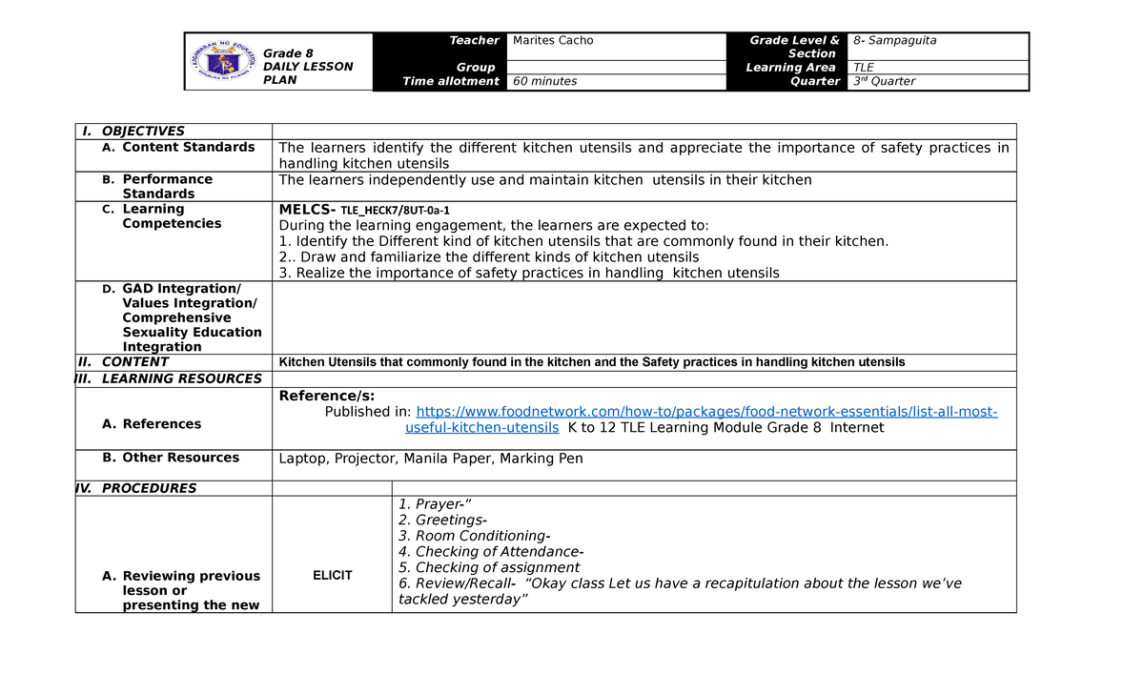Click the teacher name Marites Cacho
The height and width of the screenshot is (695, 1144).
553,40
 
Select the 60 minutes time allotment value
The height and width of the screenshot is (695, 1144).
544,82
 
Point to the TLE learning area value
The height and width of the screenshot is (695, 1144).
864,68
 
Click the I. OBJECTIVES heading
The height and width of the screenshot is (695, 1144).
143,132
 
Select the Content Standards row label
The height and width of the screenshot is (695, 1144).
188,148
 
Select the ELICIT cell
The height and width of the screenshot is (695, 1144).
332,576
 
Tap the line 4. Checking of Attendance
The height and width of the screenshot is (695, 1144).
491,552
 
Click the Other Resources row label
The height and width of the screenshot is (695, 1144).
180,458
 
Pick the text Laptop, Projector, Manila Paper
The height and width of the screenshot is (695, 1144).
430,459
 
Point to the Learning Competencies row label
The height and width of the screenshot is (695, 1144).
171,216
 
